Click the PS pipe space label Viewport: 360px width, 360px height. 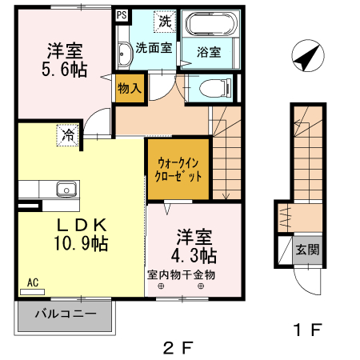(x=122, y=15)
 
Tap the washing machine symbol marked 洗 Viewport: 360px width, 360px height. (x=165, y=22)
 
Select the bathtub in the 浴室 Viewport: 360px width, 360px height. (x=211, y=24)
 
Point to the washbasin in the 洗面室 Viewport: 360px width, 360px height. (x=125, y=54)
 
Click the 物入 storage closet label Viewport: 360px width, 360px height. (x=130, y=88)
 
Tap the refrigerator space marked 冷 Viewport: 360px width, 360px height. (x=68, y=135)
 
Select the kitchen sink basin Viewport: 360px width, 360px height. (x=66, y=189)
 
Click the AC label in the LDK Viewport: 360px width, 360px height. (x=33, y=282)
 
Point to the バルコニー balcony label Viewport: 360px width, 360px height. (x=66, y=314)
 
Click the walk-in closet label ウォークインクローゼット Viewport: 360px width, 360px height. (x=178, y=170)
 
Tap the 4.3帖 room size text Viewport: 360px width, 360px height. (x=194, y=256)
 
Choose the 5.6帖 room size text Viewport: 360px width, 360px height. (x=64, y=70)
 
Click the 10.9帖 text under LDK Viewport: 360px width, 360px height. (x=82, y=243)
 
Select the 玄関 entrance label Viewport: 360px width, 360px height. (x=307, y=250)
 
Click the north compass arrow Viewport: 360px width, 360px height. (x=306, y=58)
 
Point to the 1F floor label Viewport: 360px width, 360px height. (x=307, y=330)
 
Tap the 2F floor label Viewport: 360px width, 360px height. (x=178, y=348)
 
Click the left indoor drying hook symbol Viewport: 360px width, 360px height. (x=161, y=286)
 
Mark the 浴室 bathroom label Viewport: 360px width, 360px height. (x=209, y=52)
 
